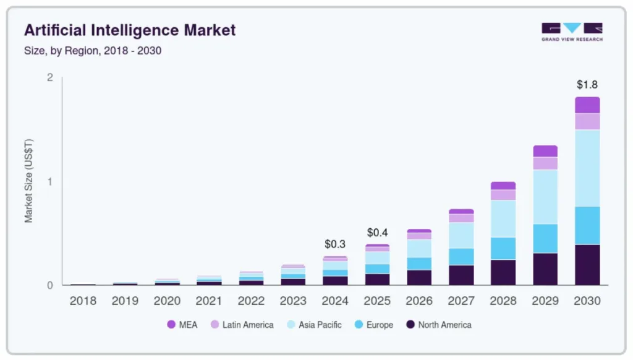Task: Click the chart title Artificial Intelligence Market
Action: point(130,30)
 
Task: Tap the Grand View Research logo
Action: point(572,32)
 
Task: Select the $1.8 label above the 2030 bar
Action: point(587,84)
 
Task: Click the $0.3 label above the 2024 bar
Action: point(335,244)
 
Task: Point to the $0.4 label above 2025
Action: point(377,233)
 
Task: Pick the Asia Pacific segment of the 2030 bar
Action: point(587,168)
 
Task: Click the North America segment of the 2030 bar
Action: point(587,265)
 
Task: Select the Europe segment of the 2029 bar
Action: point(545,238)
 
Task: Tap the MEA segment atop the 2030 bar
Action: point(587,105)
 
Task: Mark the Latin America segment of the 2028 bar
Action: point(503,195)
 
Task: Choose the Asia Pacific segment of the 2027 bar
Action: point(461,235)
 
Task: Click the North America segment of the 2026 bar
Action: point(419,277)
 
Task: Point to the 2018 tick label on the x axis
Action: point(83,301)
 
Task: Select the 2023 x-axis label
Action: point(293,301)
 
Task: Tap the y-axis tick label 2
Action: point(50,77)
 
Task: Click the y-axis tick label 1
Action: point(50,181)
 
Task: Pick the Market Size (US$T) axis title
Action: point(28,181)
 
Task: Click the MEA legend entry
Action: point(182,325)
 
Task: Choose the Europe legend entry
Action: point(373,325)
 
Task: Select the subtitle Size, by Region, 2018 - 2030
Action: point(93,51)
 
